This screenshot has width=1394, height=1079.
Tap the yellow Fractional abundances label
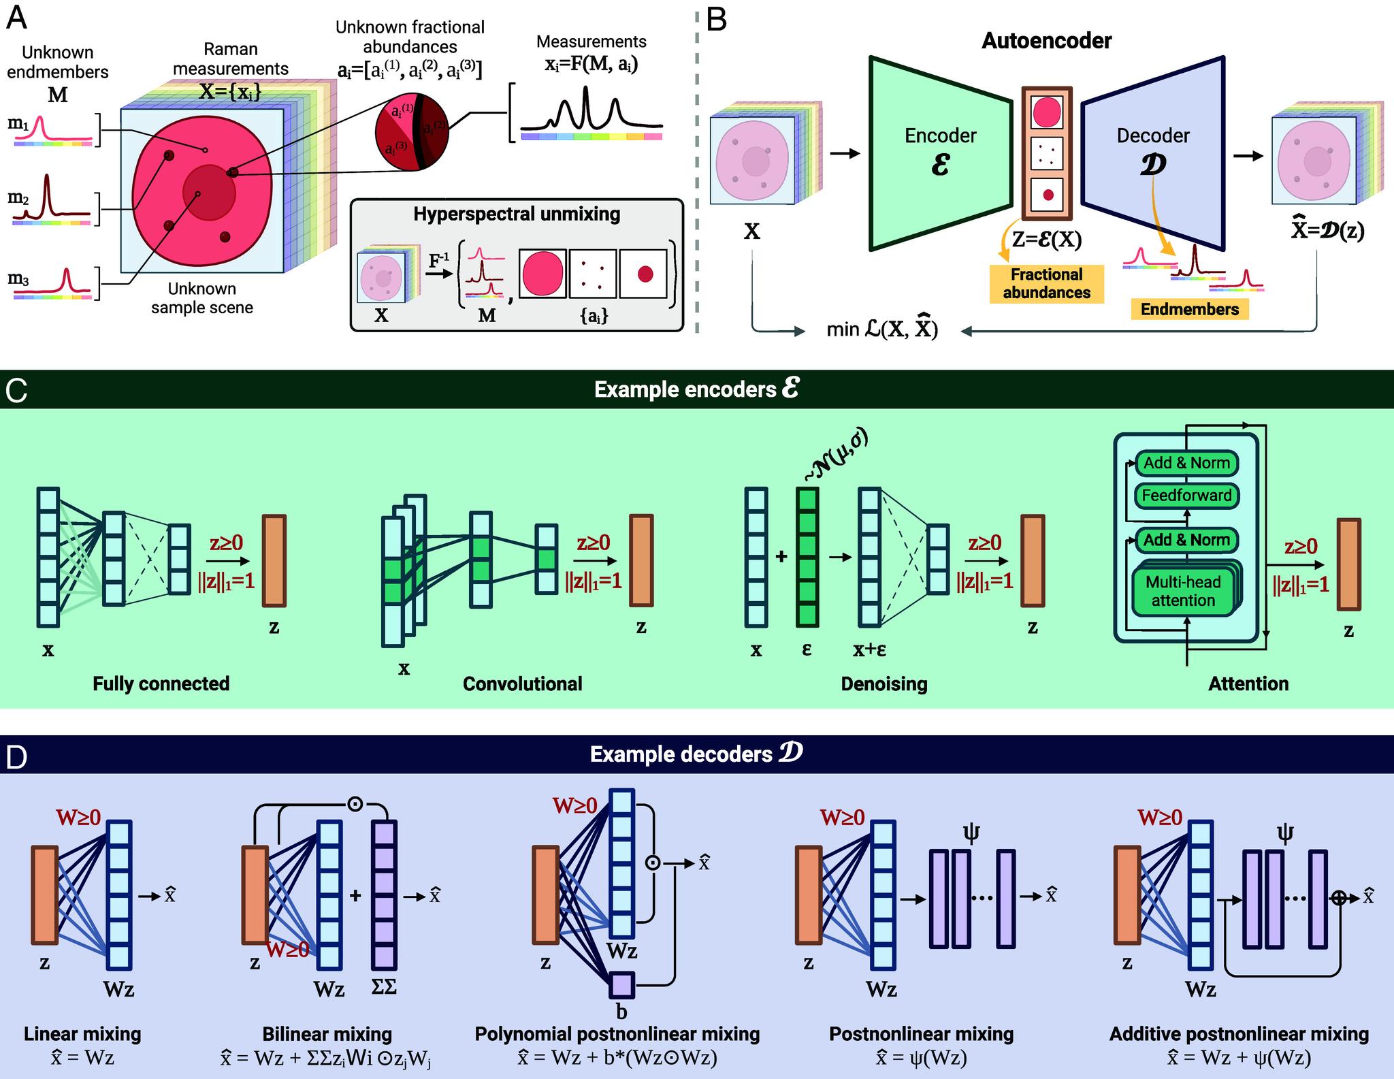[x=1046, y=284]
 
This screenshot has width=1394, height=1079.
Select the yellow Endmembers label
[x=1190, y=309]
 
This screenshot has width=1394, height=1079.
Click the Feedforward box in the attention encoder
[x=1186, y=495]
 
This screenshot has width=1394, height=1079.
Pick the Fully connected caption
[x=161, y=683]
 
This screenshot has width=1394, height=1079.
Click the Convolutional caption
[x=522, y=683]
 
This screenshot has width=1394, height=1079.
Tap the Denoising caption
[x=884, y=683]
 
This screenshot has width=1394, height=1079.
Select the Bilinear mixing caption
[x=327, y=1034]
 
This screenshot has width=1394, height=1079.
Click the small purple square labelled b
[x=622, y=984]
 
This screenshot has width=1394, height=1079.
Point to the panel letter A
[x=16, y=18]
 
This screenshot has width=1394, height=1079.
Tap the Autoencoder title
[x=1046, y=41]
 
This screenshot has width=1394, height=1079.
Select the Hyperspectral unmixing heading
[x=517, y=214]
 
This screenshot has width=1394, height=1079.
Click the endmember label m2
[x=18, y=198]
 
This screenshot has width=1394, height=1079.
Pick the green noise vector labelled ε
[x=807, y=557]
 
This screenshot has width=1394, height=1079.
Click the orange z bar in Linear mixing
[x=44, y=895]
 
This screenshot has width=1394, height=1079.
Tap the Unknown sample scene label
[x=202, y=298]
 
